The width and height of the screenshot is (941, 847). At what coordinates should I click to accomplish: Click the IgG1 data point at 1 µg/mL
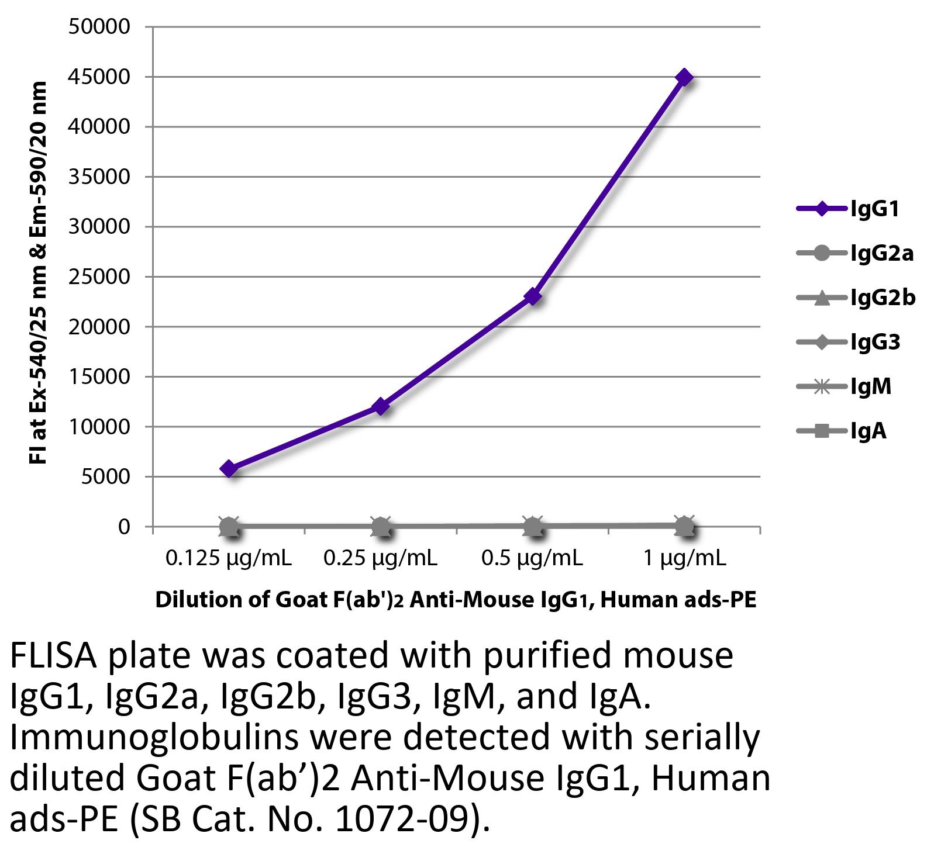tap(684, 77)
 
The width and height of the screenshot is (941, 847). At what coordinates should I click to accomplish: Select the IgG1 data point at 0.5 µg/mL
tap(533, 297)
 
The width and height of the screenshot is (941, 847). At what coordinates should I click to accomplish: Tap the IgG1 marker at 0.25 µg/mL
tap(381, 406)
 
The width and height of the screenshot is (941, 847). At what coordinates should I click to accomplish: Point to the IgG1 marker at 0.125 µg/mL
tap(229, 468)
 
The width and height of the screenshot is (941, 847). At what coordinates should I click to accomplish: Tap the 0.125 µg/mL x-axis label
tap(229, 559)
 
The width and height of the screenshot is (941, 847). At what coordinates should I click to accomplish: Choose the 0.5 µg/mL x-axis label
tap(532, 559)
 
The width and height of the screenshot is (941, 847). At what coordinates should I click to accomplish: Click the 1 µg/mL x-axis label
tap(684, 559)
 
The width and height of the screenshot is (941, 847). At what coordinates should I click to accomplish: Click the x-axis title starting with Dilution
tap(456, 600)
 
